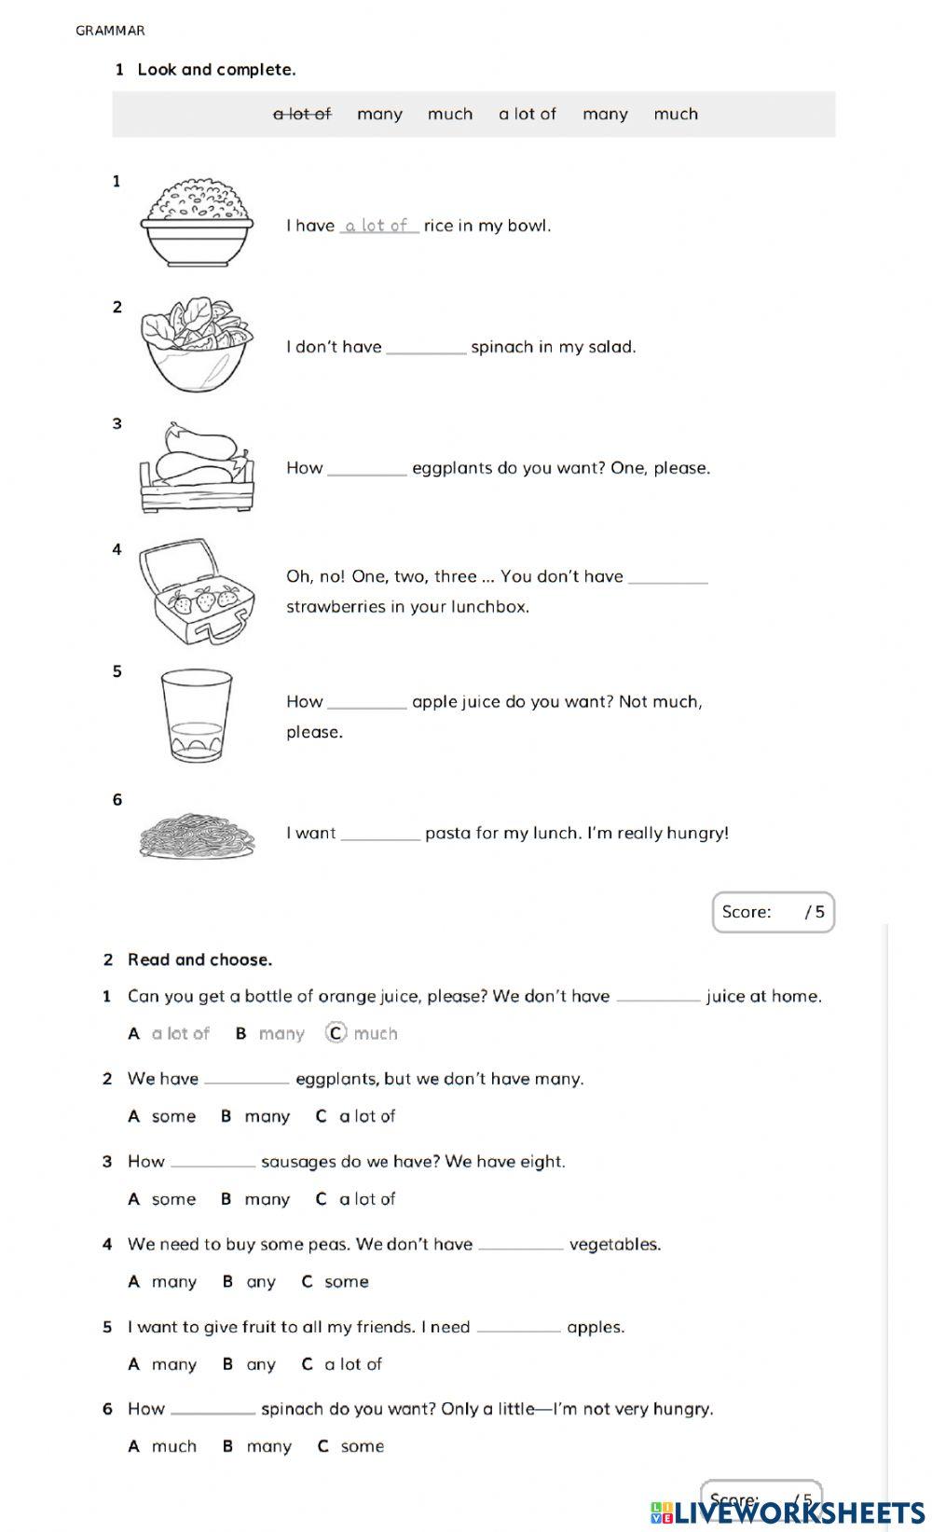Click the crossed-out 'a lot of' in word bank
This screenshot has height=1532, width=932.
(x=301, y=114)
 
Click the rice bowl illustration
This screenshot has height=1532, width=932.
(x=198, y=222)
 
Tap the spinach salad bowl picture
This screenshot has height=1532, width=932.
(x=196, y=343)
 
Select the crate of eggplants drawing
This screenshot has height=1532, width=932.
(x=197, y=467)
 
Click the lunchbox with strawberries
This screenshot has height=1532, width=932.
(x=195, y=591)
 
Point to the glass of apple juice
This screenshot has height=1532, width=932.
(x=196, y=715)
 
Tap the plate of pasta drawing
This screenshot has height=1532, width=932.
(x=197, y=834)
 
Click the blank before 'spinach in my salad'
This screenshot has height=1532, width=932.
(x=426, y=348)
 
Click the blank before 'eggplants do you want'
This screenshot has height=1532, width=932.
(x=367, y=469)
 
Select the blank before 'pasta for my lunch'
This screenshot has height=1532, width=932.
(x=380, y=835)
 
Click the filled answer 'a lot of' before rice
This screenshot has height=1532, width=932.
(x=378, y=226)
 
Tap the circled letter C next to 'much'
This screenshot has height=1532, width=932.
(x=336, y=1033)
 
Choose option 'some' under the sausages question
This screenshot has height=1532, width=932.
(x=173, y=1199)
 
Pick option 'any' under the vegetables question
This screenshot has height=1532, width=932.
(x=261, y=1282)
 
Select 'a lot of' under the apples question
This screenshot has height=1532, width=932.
(x=353, y=1364)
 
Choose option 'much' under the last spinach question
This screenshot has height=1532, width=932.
(x=174, y=1447)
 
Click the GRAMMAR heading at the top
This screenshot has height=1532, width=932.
(x=110, y=31)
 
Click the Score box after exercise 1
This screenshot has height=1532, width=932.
(x=773, y=912)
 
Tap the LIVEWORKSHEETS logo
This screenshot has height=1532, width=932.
(x=788, y=1511)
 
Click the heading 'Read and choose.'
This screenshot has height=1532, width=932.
(x=199, y=959)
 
